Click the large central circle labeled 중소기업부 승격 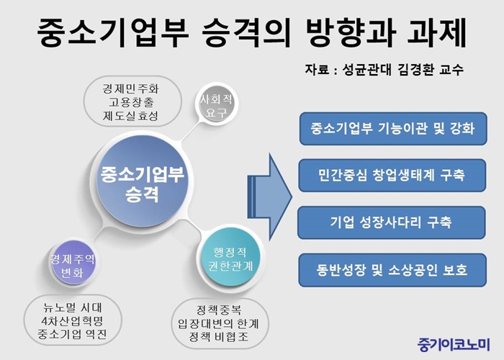point(143,182)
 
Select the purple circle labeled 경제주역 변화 point(73,262)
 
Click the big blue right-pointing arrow point(269,197)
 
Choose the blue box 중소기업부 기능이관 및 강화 point(393,129)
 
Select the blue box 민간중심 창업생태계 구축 point(392,176)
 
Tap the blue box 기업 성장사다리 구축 point(392,222)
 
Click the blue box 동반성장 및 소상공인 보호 point(392,270)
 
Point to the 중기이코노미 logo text point(454,345)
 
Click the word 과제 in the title point(437,32)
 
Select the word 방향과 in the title point(351,32)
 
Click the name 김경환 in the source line point(415,69)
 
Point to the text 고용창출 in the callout point(131,102)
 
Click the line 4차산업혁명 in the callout point(72,321)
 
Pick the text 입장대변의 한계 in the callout point(219,323)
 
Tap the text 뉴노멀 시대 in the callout point(73,307)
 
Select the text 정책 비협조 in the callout point(219,337)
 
